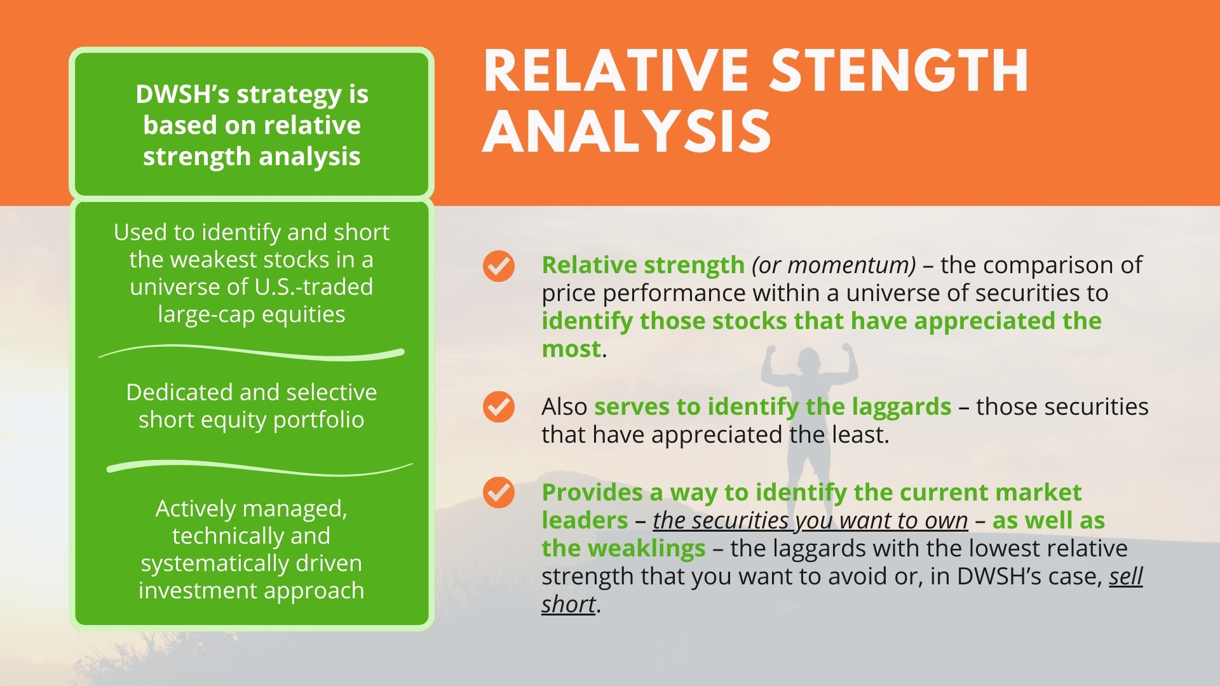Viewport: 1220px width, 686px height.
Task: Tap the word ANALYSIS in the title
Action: point(627,131)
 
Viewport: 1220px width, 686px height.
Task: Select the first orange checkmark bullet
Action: point(499,266)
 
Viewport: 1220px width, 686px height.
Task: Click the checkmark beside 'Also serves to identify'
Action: point(499,407)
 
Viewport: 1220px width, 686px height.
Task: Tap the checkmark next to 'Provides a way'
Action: point(499,492)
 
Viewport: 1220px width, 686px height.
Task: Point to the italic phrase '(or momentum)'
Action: point(834,265)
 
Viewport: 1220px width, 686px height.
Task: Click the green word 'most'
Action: point(571,349)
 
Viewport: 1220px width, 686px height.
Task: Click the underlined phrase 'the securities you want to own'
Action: point(810,520)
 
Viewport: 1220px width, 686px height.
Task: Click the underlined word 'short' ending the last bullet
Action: point(569,604)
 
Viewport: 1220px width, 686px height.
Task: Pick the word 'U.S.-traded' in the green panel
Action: point(314,286)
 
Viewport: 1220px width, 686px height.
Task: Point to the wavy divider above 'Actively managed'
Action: point(259,468)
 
